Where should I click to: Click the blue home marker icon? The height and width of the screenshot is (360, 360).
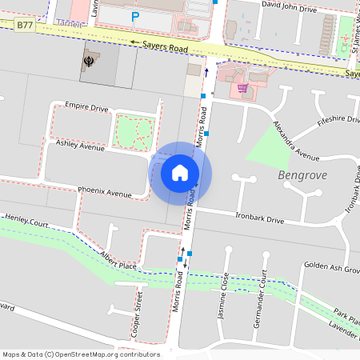click(x=180, y=172)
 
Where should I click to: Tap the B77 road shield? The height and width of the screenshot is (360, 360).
click(x=25, y=26)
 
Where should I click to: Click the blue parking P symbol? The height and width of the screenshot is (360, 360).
click(x=134, y=16)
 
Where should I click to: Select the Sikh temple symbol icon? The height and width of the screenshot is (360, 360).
click(x=89, y=62)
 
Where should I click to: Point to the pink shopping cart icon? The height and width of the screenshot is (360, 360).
click(x=242, y=88)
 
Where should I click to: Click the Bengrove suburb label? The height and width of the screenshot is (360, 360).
click(x=303, y=174)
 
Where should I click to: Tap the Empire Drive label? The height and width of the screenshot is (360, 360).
click(x=86, y=106)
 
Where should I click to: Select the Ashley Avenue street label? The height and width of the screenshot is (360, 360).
click(x=80, y=146)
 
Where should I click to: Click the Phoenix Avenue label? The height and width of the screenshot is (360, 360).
click(x=104, y=193)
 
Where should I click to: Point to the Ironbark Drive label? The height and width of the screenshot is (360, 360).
click(x=260, y=218)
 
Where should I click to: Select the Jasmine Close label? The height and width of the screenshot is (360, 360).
click(x=225, y=295)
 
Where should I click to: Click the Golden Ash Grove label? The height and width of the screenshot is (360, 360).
click(x=331, y=267)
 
